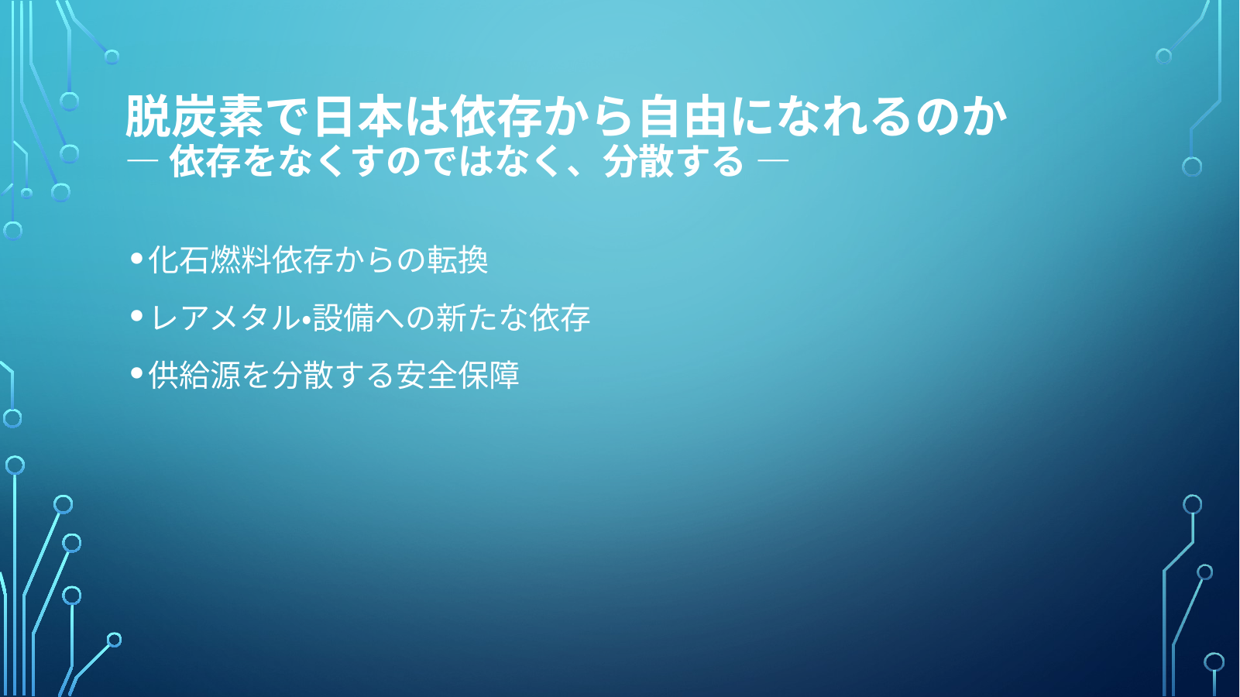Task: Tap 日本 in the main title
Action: (358, 116)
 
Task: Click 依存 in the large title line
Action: (496, 116)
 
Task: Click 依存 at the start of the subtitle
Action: (203, 162)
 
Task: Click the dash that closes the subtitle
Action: (773, 160)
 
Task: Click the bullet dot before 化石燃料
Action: (136, 258)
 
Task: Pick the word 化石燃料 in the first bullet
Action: (210, 259)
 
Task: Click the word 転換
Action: (457, 259)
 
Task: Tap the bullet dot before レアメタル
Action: (136, 316)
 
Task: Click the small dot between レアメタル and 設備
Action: (306, 320)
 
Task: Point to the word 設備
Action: (343, 318)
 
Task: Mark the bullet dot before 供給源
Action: (136, 374)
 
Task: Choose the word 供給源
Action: (194, 375)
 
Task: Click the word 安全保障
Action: (458, 375)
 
